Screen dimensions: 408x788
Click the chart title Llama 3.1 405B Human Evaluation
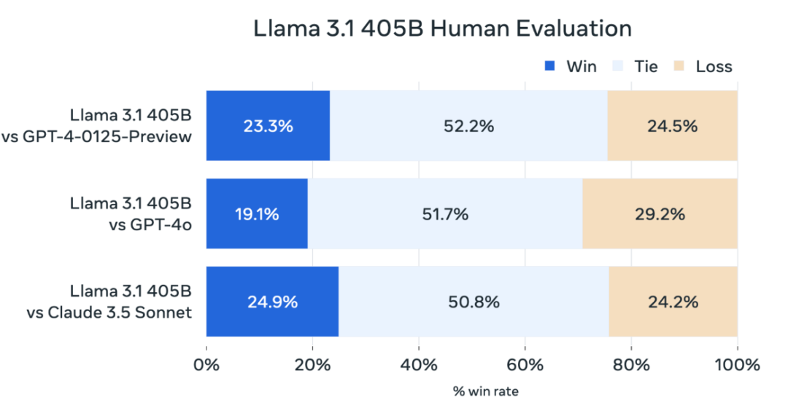pyautogui.click(x=442, y=28)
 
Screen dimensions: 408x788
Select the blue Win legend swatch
pyautogui.click(x=551, y=67)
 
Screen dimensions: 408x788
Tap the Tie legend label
pyautogui.click(x=646, y=67)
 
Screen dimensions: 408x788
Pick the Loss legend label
pyautogui.click(x=714, y=67)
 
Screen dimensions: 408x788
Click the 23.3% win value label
pyautogui.click(x=268, y=126)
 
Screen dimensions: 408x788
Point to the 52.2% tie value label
pyautogui.click(x=468, y=126)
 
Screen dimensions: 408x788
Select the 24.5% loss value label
pyautogui.click(x=672, y=126)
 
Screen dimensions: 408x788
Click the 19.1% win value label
pyautogui.click(x=256, y=214)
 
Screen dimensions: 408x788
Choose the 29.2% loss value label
pyautogui.click(x=660, y=214)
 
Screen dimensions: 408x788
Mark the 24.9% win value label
pyautogui.click(x=272, y=302)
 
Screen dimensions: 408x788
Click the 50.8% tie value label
pyautogui.click(x=474, y=302)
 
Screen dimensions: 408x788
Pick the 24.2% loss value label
pyautogui.click(x=673, y=302)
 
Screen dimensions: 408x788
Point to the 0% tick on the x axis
pyautogui.click(x=206, y=364)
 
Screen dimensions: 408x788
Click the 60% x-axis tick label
pyautogui.click(x=525, y=364)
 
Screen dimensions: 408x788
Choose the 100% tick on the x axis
pyautogui.click(x=737, y=364)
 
